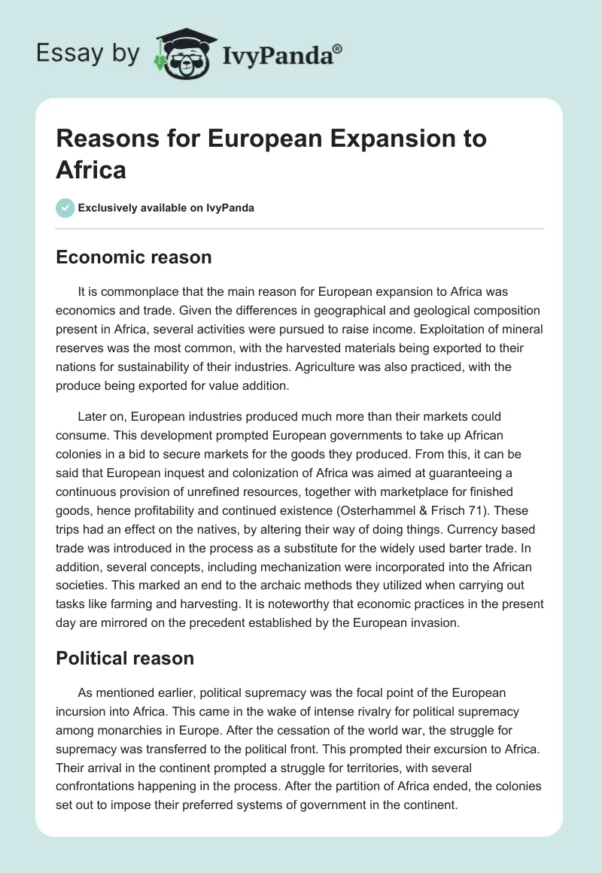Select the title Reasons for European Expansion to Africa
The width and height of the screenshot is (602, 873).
coord(271,154)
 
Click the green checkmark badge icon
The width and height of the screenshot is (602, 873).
coord(65,208)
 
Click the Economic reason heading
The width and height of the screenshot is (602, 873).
coord(134,257)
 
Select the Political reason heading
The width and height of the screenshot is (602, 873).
coord(125,659)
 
